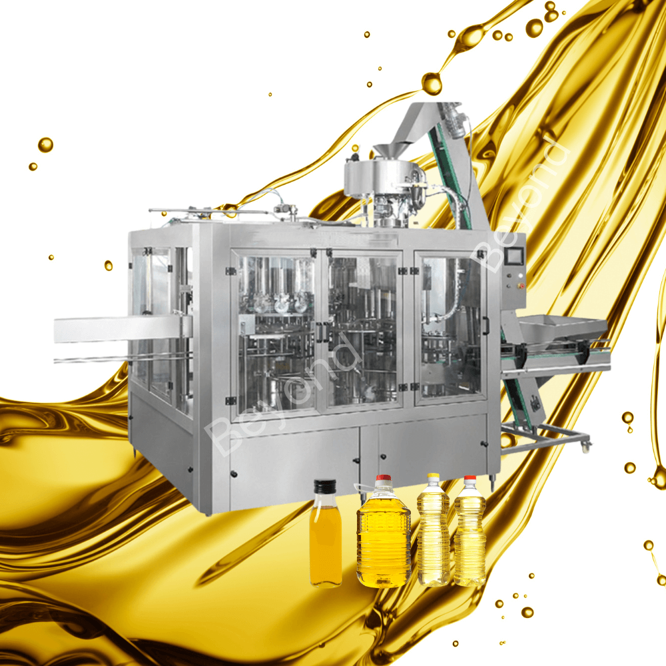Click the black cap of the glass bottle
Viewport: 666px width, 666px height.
pyautogui.click(x=326, y=486)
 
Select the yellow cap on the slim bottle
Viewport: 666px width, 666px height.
pyautogui.click(x=433, y=478)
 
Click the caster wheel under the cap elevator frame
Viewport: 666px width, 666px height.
pyautogui.click(x=586, y=447)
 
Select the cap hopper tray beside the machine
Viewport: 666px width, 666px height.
pyautogui.click(x=563, y=329)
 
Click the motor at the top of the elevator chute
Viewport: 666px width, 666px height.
pyautogui.click(x=455, y=120)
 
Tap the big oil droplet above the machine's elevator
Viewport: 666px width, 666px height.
pyautogui.click(x=432, y=83)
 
